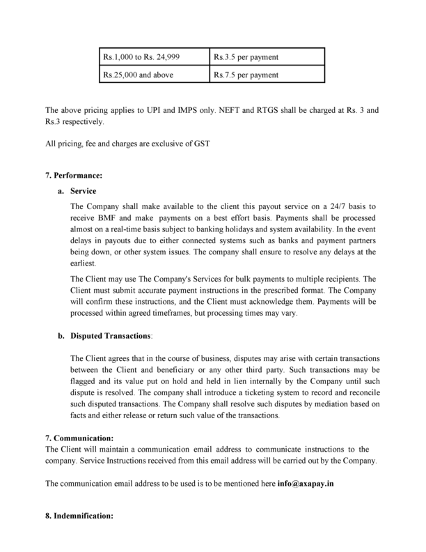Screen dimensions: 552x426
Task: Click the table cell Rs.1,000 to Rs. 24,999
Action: (149, 56)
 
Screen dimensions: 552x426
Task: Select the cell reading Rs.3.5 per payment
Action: (267, 56)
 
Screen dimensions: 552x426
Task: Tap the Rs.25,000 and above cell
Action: (149, 75)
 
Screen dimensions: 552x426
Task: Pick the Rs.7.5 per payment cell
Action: (267, 75)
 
